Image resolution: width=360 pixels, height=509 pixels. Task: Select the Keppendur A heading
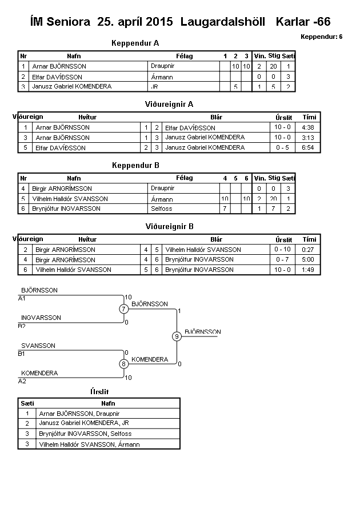coord(135,43)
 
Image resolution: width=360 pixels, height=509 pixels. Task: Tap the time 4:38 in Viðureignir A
coord(309,127)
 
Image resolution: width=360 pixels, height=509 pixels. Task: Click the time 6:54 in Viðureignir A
coord(309,147)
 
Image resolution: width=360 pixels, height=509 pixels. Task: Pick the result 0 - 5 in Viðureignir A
coord(282,147)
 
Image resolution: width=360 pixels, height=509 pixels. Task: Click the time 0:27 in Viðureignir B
coord(309,249)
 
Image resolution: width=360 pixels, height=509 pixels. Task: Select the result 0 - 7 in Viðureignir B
coord(282,259)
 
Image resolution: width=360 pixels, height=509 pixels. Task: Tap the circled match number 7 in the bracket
coord(123,309)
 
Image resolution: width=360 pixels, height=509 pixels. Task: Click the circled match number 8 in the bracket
coord(123,364)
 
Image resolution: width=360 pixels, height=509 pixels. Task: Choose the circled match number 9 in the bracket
coord(177,336)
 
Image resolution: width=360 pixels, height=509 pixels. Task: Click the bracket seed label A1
coord(22,298)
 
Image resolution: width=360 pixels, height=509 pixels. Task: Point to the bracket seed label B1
coord(22,354)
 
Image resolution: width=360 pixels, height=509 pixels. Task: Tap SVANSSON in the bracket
coord(38,346)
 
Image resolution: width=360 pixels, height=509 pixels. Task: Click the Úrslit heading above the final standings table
coord(99,391)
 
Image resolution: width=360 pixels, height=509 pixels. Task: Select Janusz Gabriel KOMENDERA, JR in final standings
coord(84,423)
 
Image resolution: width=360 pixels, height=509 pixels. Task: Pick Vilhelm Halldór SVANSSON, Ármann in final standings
coord(89,444)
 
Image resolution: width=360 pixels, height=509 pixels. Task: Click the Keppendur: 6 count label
coord(321,37)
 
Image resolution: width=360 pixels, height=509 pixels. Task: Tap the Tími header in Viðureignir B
coord(309,239)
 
